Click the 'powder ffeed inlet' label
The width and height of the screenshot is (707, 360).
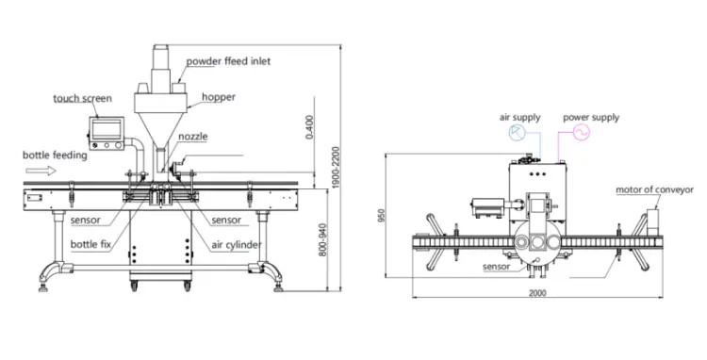(x=229, y=61)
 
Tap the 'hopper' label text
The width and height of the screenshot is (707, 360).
(x=219, y=97)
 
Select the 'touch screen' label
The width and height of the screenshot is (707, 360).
(x=83, y=98)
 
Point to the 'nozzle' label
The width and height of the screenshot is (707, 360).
(x=193, y=137)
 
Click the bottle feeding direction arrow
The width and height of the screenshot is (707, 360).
(x=41, y=171)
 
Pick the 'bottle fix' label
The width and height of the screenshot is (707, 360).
(x=90, y=244)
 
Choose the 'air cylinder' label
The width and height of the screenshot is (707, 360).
(x=237, y=245)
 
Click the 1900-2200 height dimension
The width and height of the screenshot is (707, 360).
(x=335, y=168)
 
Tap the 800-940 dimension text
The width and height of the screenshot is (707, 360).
(x=322, y=240)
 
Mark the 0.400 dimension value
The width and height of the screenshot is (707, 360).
(x=309, y=127)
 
